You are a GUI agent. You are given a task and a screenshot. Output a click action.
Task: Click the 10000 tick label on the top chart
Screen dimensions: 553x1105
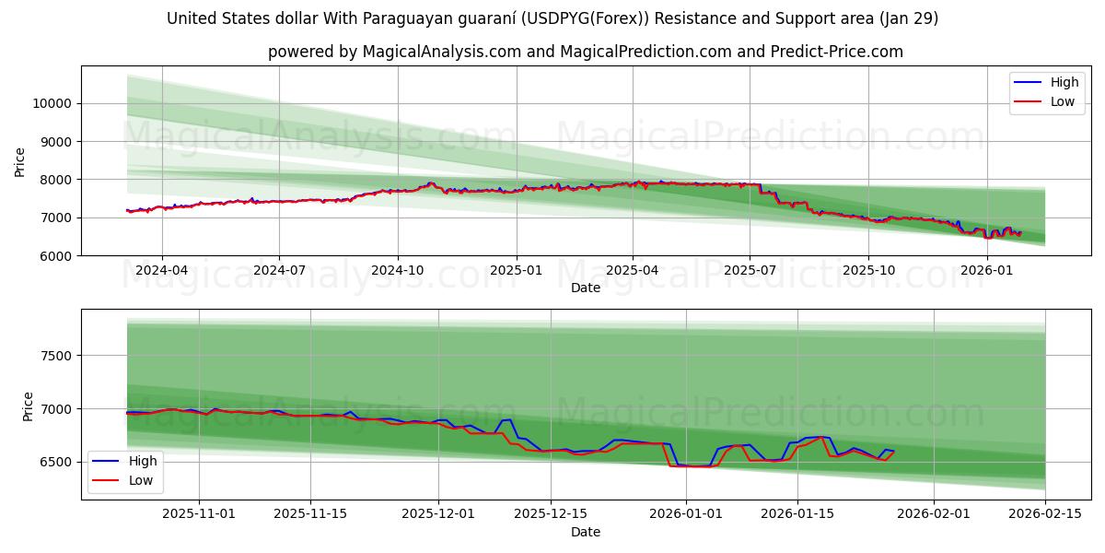pos(52,103)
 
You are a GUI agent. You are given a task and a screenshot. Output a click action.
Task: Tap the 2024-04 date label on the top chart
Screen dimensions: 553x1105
pos(162,270)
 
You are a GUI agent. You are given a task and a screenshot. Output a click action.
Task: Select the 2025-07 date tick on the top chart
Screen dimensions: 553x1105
pos(750,270)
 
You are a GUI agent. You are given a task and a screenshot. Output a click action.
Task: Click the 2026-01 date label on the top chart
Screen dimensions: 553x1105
pos(986,270)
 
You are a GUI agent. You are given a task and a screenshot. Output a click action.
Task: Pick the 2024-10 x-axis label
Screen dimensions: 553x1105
pos(398,270)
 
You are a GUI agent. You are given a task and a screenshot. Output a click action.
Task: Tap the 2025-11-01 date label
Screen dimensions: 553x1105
pos(200,514)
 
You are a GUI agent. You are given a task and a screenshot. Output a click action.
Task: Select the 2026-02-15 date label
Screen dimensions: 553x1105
pos(1045,514)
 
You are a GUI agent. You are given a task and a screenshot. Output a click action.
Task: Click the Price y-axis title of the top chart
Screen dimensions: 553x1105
pos(20,160)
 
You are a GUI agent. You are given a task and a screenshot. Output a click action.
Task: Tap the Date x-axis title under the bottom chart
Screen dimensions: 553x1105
pos(585,532)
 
